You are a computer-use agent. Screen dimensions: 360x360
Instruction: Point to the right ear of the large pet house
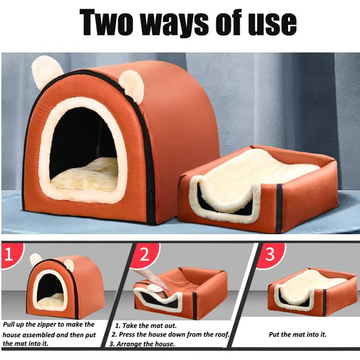[x=131, y=84]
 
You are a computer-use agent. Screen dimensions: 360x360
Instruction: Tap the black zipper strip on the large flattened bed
[x=279, y=208]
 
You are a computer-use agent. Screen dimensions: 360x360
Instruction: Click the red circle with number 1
[x=10, y=255]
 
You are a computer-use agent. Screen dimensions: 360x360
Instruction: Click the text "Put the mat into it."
[x=298, y=334]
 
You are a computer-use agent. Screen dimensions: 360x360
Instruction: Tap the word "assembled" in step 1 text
[x=38, y=335]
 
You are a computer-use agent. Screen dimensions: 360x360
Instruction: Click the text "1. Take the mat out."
[x=146, y=326]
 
